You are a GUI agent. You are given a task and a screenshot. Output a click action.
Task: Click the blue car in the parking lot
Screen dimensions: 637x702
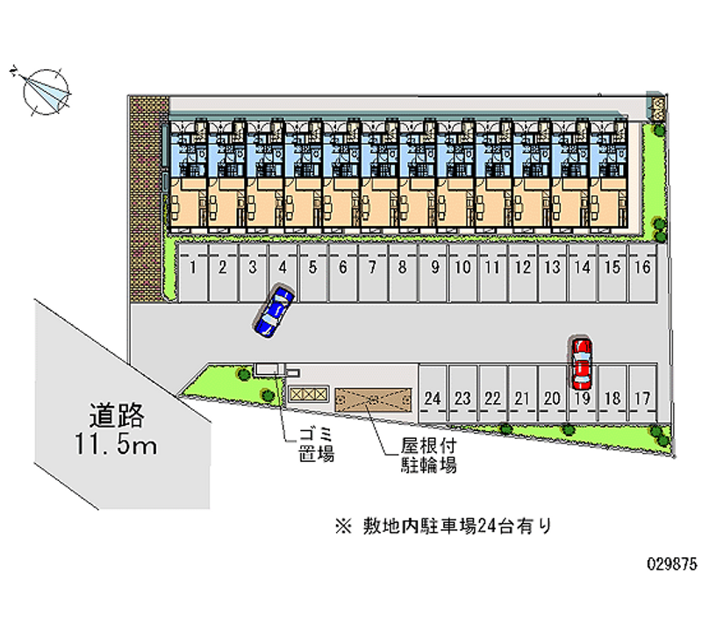273,310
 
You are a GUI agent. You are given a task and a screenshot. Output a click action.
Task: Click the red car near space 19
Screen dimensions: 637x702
581,363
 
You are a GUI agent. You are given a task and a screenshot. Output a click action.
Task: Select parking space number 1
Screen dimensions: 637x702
192,268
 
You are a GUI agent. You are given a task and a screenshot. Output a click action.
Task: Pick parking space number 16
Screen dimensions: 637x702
642,268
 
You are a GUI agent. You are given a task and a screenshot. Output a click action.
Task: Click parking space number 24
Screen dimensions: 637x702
432,398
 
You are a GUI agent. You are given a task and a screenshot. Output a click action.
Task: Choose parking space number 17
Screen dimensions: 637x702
642,398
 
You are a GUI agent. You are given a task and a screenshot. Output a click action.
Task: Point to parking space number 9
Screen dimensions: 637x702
433,268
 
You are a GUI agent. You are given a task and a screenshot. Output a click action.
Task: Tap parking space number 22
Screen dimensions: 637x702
492,398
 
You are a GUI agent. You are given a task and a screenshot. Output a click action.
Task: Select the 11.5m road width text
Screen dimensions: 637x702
115,444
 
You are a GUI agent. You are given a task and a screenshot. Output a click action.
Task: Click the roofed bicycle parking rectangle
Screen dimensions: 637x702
373,398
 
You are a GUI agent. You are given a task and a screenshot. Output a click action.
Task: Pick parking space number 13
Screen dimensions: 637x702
552,268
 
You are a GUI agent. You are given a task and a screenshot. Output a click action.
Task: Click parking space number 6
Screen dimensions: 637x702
342,268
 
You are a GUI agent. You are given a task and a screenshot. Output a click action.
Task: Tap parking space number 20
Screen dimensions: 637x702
552,398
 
